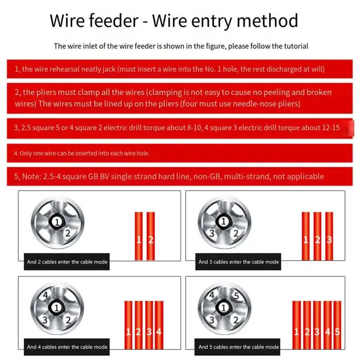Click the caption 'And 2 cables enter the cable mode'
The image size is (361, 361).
coord(67,262)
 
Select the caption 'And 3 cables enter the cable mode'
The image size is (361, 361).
coord(239,262)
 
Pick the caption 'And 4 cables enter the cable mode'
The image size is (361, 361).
coord(67,347)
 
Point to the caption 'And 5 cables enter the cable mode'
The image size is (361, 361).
coord(239,347)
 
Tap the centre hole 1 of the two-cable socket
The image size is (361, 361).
coord(56,222)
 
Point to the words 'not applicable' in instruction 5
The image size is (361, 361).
coord(301,176)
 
